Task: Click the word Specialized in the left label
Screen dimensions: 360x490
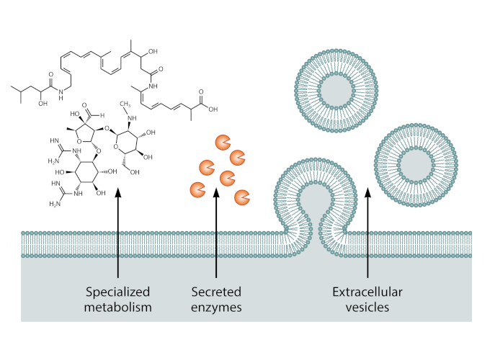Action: tap(117, 292)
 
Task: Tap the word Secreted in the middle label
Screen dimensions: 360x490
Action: tap(216, 292)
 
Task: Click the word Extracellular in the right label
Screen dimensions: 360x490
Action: tap(367, 292)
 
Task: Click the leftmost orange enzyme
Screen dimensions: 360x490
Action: tap(196, 190)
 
